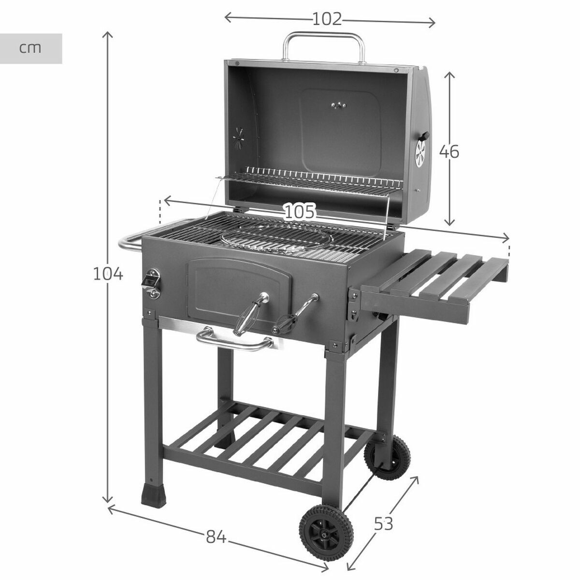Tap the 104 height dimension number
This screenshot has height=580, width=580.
tap(108, 274)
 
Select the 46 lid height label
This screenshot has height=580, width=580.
tap(449, 152)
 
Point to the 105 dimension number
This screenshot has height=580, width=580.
tap(299, 212)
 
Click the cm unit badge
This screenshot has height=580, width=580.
tap(31, 48)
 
